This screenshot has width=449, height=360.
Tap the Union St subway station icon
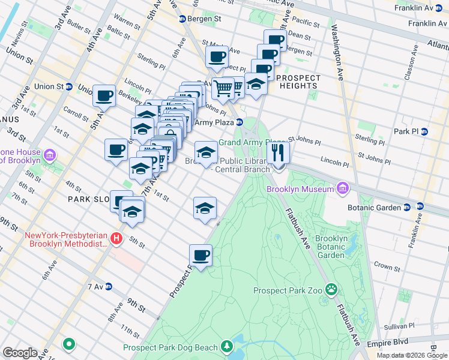click(x=68, y=86)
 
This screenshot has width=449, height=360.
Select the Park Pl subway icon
click(x=424, y=131)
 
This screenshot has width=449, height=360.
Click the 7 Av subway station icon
click(x=109, y=287)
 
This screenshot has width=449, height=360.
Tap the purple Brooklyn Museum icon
click(x=343, y=190)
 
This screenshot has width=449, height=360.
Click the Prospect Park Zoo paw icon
click(x=331, y=290)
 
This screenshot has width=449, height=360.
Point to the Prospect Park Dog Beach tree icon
click(x=226, y=347)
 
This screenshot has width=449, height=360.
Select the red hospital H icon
click(x=117, y=239)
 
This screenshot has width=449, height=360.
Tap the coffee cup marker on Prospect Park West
click(x=200, y=255)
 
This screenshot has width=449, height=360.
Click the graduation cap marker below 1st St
click(x=205, y=208)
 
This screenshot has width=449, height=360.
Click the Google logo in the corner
click(x=20, y=353)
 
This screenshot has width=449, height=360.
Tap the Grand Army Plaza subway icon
click(x=240, y=122)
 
